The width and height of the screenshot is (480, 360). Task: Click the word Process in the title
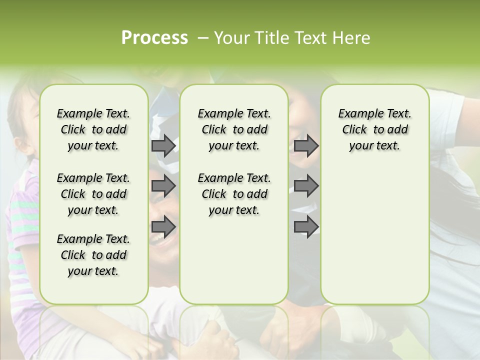154,38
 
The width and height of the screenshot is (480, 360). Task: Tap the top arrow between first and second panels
163,146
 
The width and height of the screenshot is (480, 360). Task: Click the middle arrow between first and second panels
163,186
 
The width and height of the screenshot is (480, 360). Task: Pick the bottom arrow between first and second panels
163,227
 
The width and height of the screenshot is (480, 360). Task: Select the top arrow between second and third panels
306,146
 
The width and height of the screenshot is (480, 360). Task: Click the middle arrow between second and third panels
306,186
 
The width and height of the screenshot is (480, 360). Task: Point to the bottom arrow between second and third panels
306,227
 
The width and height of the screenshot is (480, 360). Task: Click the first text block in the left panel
93,129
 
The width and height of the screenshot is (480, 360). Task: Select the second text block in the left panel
93,194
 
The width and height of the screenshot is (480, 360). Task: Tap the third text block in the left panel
93,255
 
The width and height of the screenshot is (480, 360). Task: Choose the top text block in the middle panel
234,129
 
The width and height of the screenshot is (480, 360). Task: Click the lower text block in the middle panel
234,194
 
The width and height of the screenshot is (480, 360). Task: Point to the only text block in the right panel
374,129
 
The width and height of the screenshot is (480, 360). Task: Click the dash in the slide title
203,38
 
